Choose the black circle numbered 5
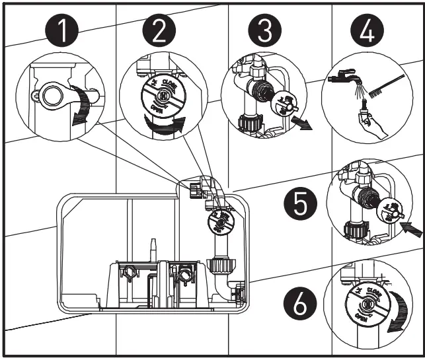(x=300, y=205)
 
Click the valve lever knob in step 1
(x=52, y=94)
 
